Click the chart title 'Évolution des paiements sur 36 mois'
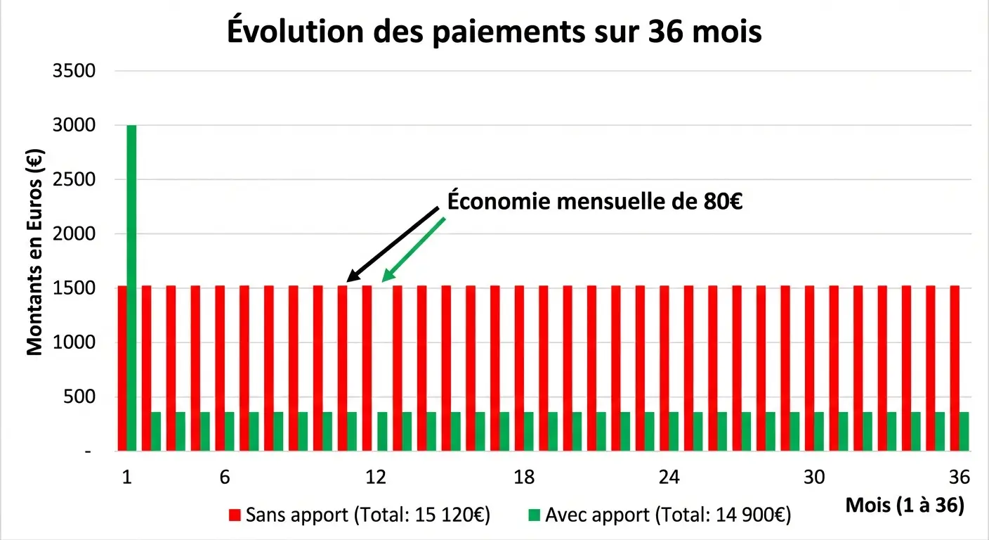pos(494,32)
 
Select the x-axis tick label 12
pos(376,477)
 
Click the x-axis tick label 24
pos(669,477)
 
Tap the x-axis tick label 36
pos(959,477)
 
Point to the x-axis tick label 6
pos(225,477)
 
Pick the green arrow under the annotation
pos(413,250)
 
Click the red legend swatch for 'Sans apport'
pos(235,515)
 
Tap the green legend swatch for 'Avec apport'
pos(534,515)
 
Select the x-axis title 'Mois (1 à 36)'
pos(905,505)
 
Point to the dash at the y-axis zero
pos(88,451)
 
